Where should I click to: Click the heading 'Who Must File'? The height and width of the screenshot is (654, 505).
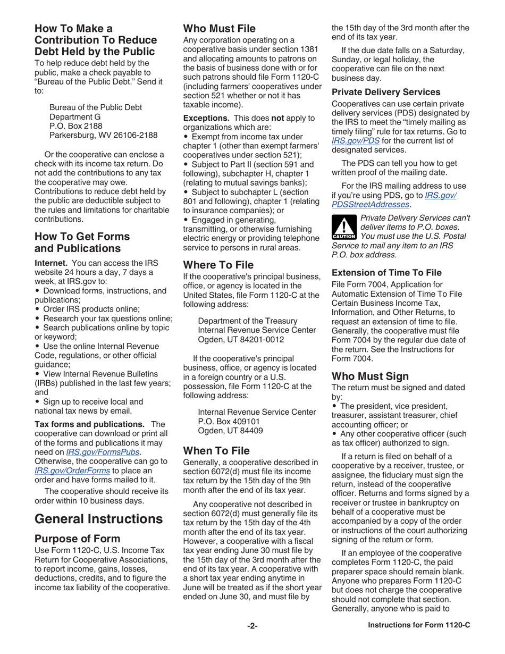point(219,29)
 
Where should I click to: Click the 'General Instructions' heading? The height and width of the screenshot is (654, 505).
point(98,518)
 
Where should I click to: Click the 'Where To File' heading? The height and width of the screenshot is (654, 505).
point(218,264)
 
